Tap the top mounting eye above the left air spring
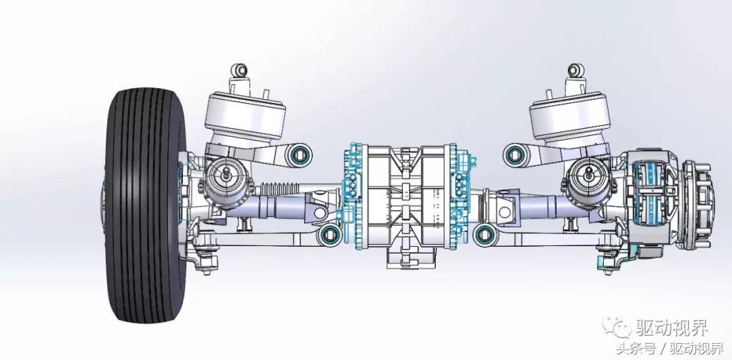point(241,70)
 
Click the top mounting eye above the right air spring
point(575,71)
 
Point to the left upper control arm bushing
point(299,155)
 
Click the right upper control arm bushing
point(515,154)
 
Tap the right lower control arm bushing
point(485,235)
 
